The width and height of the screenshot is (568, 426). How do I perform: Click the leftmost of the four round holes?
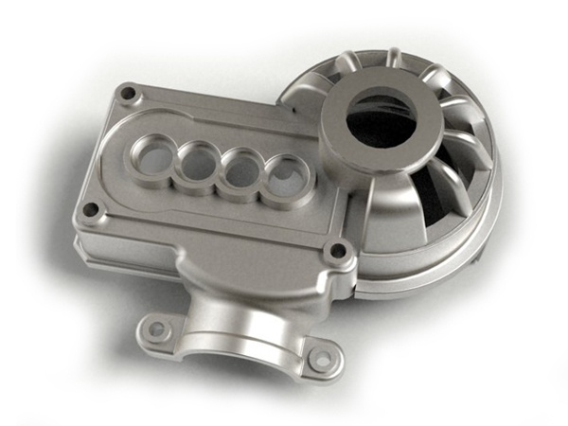tap(152, 152)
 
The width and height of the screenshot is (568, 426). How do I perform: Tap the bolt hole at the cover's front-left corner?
tap(90, 209)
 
